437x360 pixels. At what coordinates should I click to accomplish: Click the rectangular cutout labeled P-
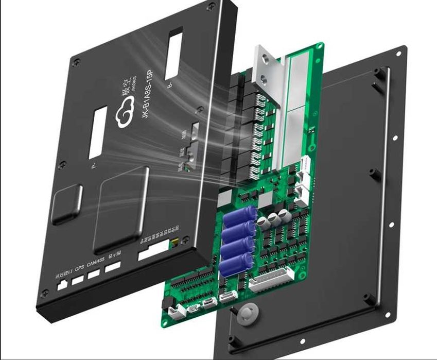98,132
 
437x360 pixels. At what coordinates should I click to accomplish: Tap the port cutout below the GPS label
78,280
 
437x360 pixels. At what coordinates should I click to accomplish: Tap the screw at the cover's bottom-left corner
46,294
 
